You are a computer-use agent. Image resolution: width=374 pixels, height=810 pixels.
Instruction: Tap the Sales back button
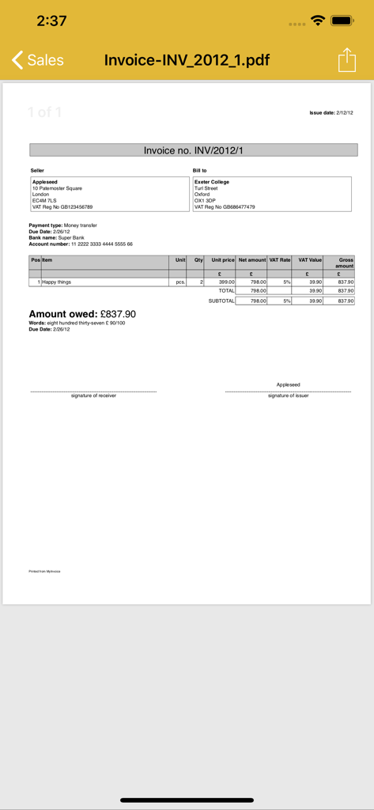point(37,60)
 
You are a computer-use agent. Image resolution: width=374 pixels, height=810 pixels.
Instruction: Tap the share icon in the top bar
point(346,60)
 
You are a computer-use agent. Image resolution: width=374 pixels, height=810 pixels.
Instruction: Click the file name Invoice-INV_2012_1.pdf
point(187,60)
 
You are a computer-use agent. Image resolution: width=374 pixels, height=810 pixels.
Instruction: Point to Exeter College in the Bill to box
point(212,182)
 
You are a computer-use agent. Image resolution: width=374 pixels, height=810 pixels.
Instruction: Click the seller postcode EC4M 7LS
point(44,201)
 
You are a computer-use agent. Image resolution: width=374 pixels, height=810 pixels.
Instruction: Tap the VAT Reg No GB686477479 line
point(225,207)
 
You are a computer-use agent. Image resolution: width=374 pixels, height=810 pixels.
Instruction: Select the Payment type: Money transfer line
point(63,225)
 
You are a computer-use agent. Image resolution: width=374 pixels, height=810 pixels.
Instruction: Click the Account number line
point(81,244)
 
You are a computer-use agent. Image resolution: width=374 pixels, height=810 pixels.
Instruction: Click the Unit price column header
point(223,260)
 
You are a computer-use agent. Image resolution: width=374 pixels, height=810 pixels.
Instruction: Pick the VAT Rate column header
point(280,260)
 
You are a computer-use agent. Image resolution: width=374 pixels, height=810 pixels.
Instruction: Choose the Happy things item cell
point(57,282)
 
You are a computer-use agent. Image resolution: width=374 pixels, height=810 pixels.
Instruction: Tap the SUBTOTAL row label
point(221,301)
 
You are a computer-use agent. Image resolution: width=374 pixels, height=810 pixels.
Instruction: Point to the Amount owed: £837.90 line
point(82,314)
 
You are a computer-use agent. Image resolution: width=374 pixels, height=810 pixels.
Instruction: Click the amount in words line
point(77,323)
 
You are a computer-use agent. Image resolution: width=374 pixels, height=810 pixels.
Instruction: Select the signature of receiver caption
point(93,396)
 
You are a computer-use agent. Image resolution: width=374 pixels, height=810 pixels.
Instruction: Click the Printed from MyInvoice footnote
point(44,571)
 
